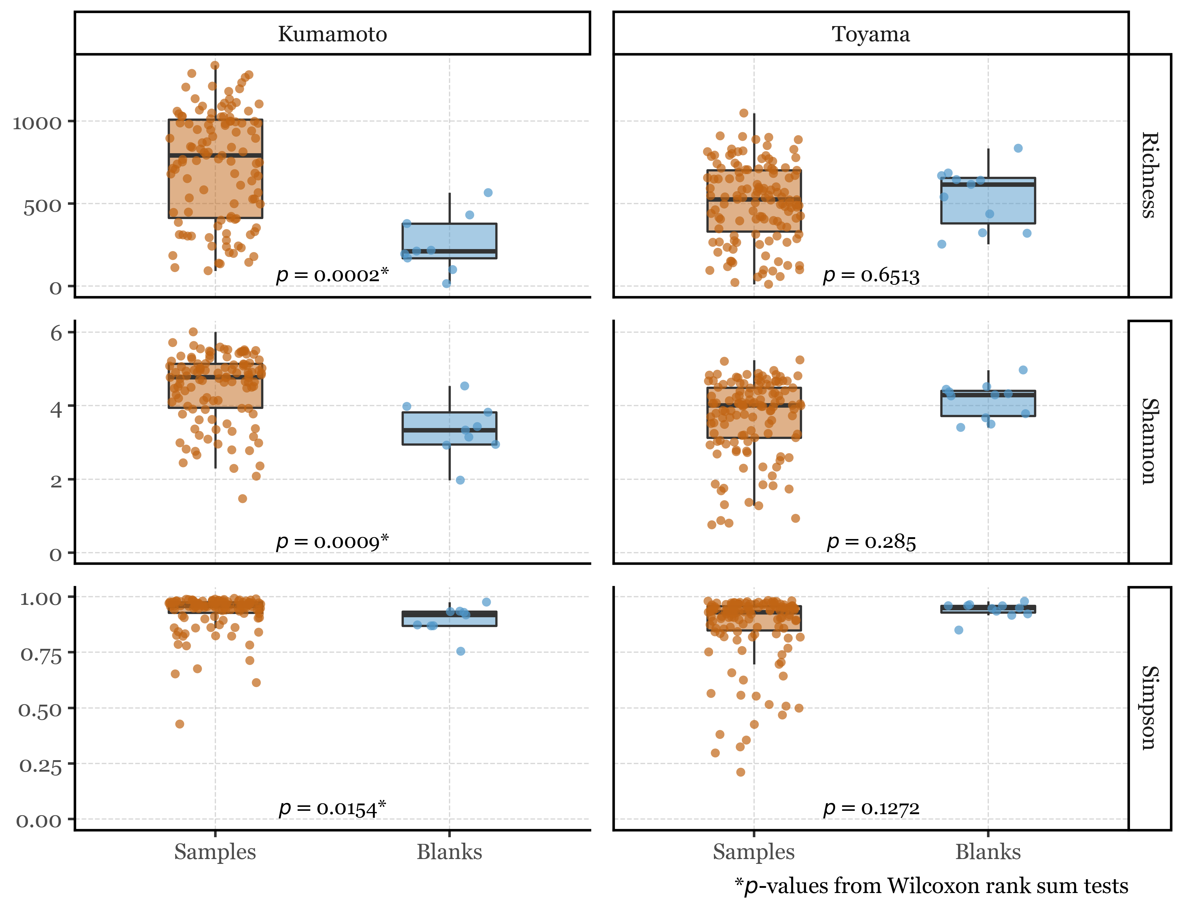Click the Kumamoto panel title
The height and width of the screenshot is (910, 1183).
[332, 34]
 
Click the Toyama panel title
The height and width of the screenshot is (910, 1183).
[871, 34]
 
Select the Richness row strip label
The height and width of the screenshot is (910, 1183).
[1149, 175]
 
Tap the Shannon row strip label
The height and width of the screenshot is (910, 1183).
[1149, 441]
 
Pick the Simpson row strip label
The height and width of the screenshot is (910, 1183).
[1149, 708]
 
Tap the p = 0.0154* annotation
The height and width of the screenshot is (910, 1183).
[332, 808]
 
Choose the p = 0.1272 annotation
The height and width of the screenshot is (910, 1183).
[871, 808]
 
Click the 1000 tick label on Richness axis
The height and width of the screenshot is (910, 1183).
[37, 123]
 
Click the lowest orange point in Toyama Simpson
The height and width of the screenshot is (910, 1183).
[740, 772]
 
